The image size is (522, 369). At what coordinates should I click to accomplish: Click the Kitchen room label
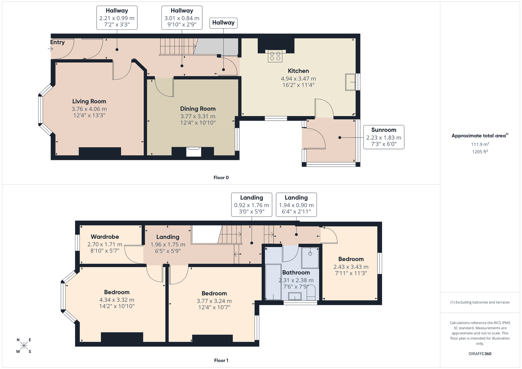(298, 71)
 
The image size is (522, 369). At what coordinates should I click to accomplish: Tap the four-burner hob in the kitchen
(275, 56)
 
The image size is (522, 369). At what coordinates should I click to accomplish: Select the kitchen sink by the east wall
(350, 82)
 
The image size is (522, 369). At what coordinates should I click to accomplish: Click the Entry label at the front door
(57, 42)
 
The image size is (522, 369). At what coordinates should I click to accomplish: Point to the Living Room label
(89, 101)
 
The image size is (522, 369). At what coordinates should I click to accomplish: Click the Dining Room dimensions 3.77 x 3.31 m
(198, 116)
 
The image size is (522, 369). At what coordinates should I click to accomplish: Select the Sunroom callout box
(384, 137)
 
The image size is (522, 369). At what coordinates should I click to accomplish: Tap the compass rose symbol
(24, 346)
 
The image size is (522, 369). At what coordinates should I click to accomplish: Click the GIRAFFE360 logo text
(480, 354)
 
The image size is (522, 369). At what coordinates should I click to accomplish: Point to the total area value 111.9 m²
(480, 144)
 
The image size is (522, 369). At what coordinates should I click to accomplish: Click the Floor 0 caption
(221, 177)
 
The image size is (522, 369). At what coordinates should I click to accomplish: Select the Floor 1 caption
(221, 361)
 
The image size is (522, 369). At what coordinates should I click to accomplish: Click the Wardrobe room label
(105, 237)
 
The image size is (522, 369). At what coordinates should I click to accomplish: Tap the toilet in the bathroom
(311, 293)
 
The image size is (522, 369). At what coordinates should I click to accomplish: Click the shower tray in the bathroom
(310, 258)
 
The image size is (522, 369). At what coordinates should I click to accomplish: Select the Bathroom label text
(296, 272)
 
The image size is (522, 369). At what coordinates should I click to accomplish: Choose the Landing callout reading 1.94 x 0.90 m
(297, 205)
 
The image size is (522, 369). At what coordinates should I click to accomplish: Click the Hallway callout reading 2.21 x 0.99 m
(117, 18)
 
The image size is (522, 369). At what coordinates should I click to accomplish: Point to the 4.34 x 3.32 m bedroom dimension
(117, 300)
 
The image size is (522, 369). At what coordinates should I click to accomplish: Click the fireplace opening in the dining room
(194, 152)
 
